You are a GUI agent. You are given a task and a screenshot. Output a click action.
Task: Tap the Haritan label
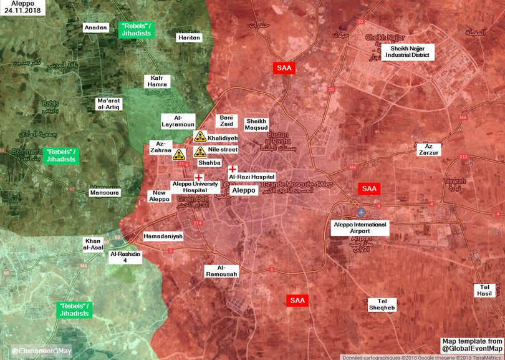[190, 37]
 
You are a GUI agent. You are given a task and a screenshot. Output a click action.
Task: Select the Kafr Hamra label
[157, 82]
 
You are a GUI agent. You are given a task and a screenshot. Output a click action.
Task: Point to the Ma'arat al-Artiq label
[108, 104]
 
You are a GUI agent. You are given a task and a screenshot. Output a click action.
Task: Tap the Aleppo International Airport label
[360, 228]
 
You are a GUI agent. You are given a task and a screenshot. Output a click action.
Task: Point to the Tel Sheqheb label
[382, 304]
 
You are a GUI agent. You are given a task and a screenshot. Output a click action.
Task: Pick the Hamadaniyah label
[163, 236]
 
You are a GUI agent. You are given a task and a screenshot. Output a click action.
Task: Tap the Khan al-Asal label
[94, 244]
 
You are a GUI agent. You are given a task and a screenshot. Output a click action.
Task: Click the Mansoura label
[104, 193]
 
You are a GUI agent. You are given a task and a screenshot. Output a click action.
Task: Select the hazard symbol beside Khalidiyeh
[200, 137]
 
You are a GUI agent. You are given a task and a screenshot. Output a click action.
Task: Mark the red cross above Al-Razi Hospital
[233, 169]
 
